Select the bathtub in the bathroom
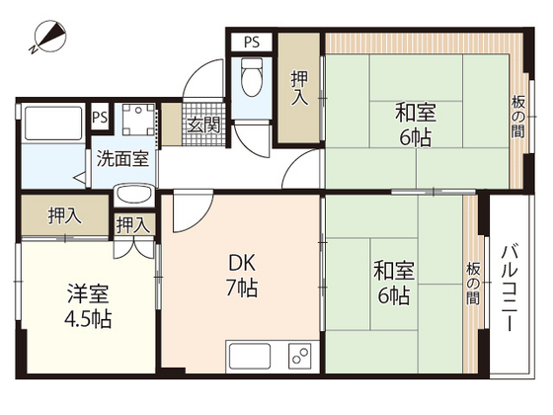click(x=51, y=126)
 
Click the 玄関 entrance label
click(x=205, y=125)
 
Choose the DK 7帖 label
click(x=244, y=276)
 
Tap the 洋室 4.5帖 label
click(x=89, y=305)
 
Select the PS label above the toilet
click(x=251, y=41)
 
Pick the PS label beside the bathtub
click(x=99, y=118)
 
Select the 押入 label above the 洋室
click(x=64, y=216)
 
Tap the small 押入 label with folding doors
click(x=132, y=226)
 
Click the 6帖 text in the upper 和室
click(x=416, y=138)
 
